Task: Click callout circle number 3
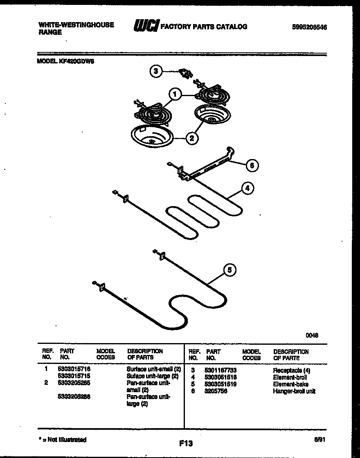click(155, 71)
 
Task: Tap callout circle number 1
click(175, 95)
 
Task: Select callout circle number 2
click(191, 138)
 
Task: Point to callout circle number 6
click(252, 165)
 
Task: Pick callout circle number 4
click(247, 189)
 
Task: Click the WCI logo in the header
click(146, 26)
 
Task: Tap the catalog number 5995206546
click(309, 27)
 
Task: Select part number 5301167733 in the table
click(220, 370)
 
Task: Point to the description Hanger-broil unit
click(294, 391)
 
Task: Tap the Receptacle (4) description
click(291, 370)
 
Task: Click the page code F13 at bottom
click(185, 443)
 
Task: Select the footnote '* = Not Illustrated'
click(62, 440)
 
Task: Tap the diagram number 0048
click(312, 335)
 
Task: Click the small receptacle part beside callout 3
click(187, 74)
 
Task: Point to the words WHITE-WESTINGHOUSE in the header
click(76, 25)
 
